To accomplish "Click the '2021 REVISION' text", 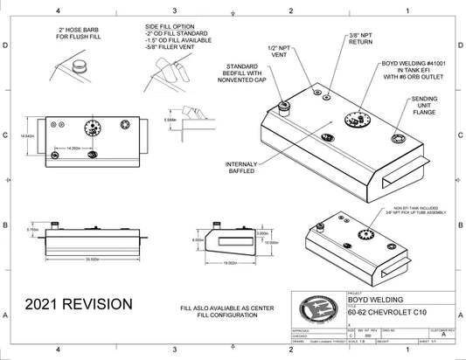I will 79,303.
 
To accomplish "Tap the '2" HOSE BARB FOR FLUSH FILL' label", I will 76,36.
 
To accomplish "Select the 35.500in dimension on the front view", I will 85,259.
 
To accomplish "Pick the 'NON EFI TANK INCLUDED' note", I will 384,208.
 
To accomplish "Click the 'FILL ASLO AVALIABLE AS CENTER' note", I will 219,308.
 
